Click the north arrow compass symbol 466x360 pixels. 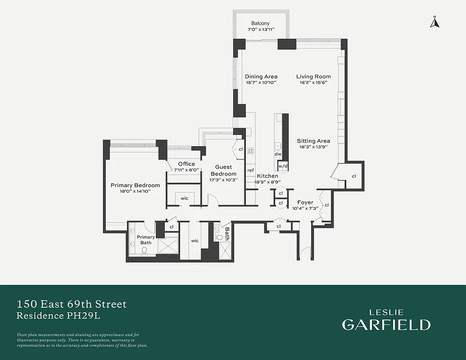pos(434,22)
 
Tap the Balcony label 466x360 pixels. pos(260,23)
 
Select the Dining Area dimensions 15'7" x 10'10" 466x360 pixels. pos(261,83)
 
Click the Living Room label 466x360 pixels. pos(313,76)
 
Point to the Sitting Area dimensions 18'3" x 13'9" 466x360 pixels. pos(313,147)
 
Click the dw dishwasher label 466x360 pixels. pos(278,154)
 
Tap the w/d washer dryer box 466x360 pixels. pos(283,166)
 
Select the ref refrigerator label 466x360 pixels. pos(250,170)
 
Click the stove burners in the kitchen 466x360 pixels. pos(250,151)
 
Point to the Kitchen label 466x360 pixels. pos(267,176)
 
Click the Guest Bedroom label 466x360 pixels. pos(223,171)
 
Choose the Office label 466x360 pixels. pos(186,164)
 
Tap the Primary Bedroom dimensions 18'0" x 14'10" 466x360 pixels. pos(135,191)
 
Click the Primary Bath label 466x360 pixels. pos(146,240)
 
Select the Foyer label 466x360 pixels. pos(305,202)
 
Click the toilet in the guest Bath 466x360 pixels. pos(220,237)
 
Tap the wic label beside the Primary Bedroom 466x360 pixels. pos(185,198)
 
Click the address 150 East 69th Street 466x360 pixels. pos(72,304)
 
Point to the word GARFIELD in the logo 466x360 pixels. pos(386,324)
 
